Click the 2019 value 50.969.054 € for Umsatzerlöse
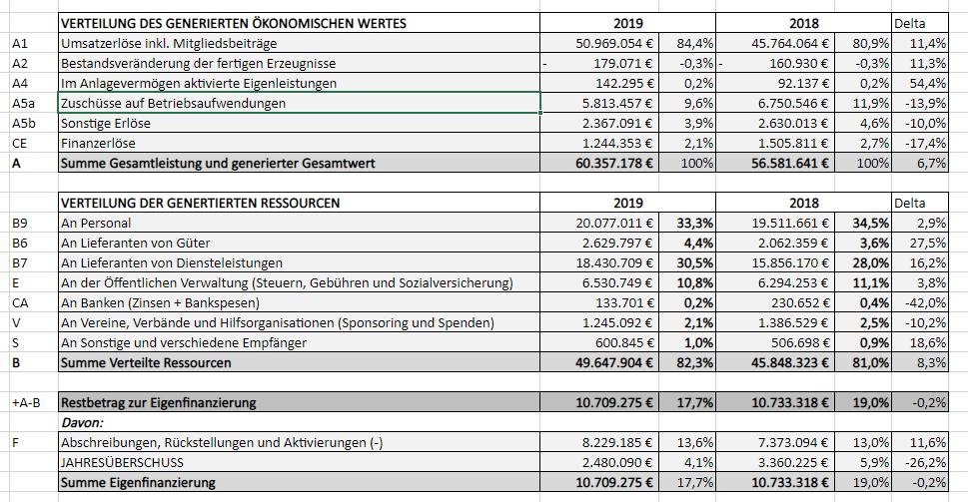tap(613, 43)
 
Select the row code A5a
tap(23, 103)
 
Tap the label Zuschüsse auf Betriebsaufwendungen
tap(174, 103)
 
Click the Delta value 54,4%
tap(928, 83)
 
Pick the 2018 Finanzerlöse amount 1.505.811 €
tap(794, 143)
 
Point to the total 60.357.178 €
tap(613, 163)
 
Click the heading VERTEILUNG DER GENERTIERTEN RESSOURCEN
tap(200, 203)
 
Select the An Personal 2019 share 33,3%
tap(695, 223)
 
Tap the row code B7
tap(20, 262)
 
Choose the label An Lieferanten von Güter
tap(136, 243)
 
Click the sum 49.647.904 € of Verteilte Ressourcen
tap(613, 362)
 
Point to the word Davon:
tap(82, 422)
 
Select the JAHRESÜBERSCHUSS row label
tap(122, 462)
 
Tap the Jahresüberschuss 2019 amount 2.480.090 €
tap(617, 462)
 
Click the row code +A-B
tap(26, 403)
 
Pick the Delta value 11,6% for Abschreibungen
tap(928, 442)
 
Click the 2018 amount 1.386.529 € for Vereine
tap(794, 322)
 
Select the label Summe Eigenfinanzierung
tap(138, 482)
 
